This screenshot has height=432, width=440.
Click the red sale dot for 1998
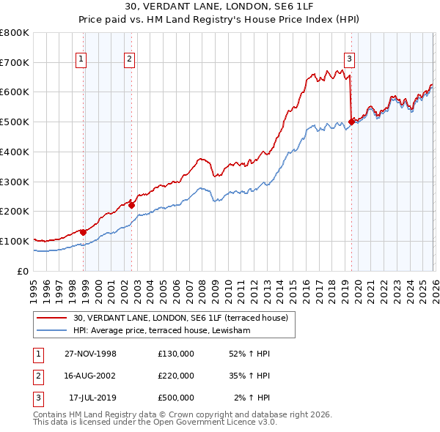[x=84, y=232]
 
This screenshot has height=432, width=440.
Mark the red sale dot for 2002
[x=131, y=205]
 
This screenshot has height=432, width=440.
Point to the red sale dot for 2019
[x=351, y=122]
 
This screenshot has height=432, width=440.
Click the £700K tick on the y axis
[x=15, y=62]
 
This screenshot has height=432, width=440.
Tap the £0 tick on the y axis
[x=22, y=271]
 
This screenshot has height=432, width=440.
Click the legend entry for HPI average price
[x=162, y=331]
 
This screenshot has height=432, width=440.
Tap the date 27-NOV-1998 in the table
[x=92, y=354]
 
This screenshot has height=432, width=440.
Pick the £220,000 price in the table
[x=176, y=376]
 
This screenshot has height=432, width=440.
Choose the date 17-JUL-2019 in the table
[x=92, y=398]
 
